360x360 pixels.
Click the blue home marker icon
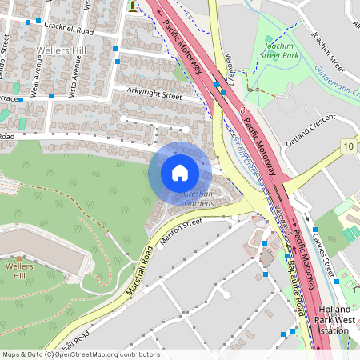pos(180,172)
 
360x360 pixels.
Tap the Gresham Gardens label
pos(199,199)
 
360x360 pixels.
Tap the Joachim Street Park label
pos(281,51)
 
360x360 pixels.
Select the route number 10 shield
pos(347,146)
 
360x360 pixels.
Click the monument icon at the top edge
pos(132,6)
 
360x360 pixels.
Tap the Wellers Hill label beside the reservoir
pos(18,270)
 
